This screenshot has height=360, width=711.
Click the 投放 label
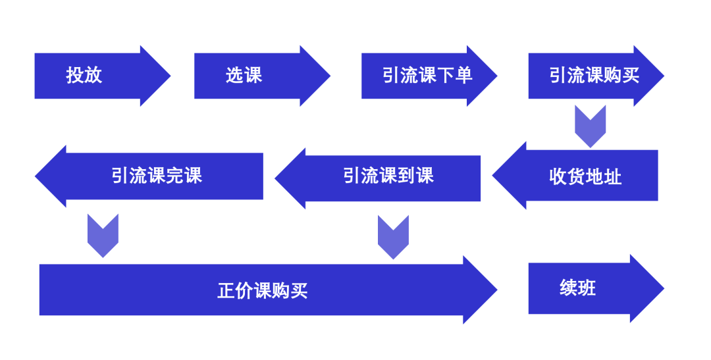[x=84, y=75]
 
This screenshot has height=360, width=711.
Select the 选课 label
[x=244, y=75]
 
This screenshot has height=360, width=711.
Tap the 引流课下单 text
[x=427, y=75]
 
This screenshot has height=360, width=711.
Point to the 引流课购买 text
[x=594, y=75]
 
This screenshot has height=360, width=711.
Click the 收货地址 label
[x=585, y=176]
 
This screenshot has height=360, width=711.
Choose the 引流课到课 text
[x=388, y=176]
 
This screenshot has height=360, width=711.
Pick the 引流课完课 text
[x=157, y=176]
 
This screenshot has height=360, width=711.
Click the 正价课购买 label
[x=263, y=290]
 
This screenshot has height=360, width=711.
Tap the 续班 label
[x=578, y=288]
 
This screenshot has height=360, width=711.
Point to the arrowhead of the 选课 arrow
[x=316, y=76]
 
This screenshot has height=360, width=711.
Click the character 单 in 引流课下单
[x=465, y=75]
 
